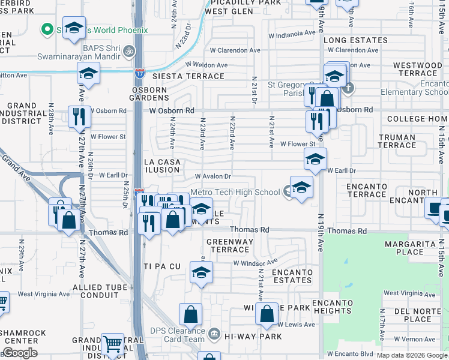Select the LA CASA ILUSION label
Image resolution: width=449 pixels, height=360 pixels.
tap(162, 166)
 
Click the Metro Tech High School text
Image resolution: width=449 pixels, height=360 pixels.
tap(235, 192)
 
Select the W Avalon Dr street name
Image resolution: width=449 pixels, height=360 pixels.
tap(213, 176)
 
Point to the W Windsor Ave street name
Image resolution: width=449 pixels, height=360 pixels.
tap(256, 263)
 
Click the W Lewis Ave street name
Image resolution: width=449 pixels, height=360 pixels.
tap(296, 325)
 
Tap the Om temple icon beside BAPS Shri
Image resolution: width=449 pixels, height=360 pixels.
tap(127, 53)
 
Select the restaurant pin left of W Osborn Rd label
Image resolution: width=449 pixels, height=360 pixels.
tap(79, 116)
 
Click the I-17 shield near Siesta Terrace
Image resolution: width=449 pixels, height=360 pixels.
tap(139, 73)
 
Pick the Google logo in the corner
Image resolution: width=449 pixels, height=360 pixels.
tap(20, 353)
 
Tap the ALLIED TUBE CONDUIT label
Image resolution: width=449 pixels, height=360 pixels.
tap(100, 291)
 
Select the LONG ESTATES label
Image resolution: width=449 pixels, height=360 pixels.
tap(355, 40)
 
